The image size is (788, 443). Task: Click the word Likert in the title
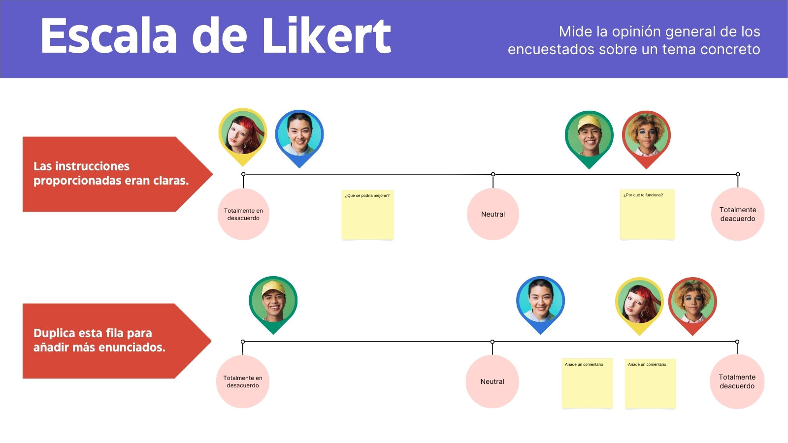coord(327,36)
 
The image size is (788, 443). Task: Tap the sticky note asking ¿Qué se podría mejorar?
coord(367,215)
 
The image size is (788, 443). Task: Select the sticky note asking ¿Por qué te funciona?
coord(647,215)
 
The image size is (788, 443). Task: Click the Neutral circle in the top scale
coord(493,214)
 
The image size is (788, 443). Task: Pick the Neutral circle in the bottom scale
coord(492,381)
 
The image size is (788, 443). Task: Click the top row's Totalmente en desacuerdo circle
coord(243,214)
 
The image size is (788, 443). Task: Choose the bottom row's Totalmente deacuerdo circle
coord(737,381)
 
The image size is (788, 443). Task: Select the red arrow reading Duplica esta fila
coord(117,341)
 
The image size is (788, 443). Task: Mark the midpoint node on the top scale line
coord(493,174)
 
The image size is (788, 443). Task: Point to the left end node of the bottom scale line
coord(243,342)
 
